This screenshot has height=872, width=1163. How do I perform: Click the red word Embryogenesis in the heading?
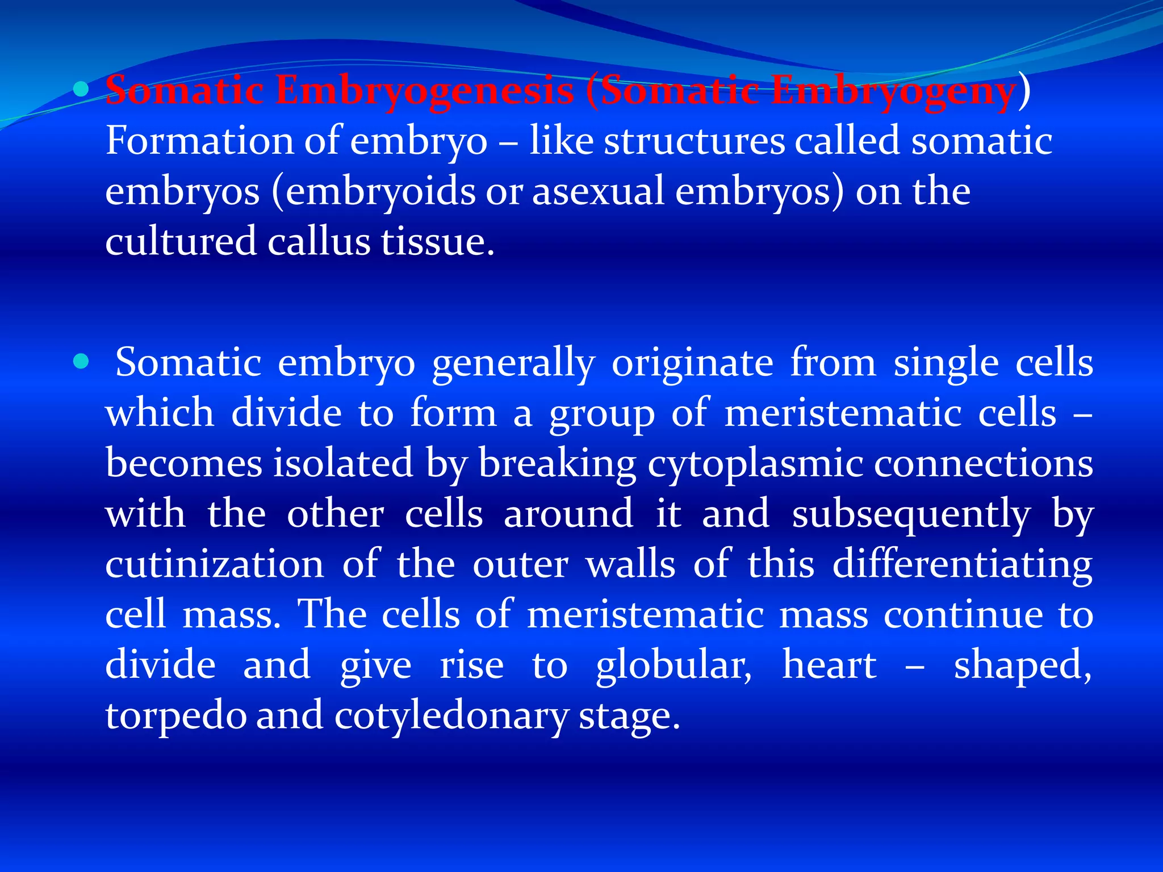pyautogui.click(x=424, y=91)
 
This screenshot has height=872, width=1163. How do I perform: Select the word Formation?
pyautogui.click(x=199, y=141)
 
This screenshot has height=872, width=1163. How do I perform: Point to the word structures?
pyautogui.click(x=694, y=141)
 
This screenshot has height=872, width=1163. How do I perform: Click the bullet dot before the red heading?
pyautogui.click(x=82, y=89)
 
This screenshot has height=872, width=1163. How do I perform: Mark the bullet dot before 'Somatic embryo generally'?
pyautogui.click(x=82, y=361)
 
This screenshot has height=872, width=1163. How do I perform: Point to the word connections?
pyautogui.click(x=983, y=464)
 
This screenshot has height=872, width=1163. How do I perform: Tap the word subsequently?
pyautogui.click(x=911, y=514)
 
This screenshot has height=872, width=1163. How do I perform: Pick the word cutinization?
pyautogui.click(x=215, y=564)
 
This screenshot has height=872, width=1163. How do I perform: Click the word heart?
pyautogui.click(x=830, y=665)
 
